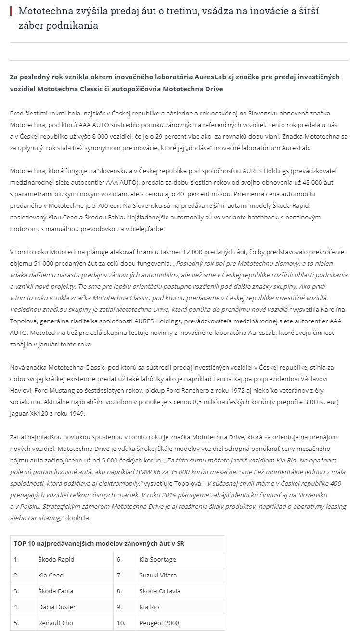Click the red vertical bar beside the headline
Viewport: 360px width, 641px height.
[x=11, y=11]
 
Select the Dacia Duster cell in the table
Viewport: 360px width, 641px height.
[x=57, y=607]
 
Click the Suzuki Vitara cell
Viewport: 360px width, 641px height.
[x=158, y=575]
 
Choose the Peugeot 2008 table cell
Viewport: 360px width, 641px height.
[x=159, y=623]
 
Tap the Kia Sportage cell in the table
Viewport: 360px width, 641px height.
[x=157, y=559]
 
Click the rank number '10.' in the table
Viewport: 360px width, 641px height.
[x=120, y=623]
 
